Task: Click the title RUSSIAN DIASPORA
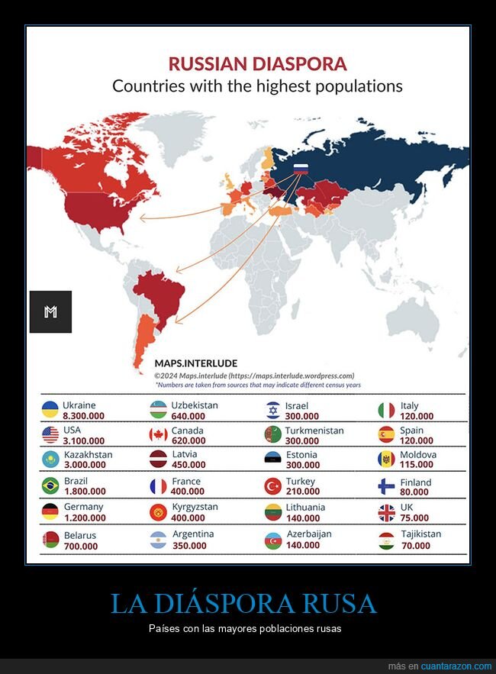click(x=257, y=64)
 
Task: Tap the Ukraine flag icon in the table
click(x=50, y=410)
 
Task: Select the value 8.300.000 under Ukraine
click(x=79, y=416)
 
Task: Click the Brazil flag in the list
click(x=50, y=486)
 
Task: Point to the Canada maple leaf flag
click(x=158, y=435)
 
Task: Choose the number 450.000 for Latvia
click(x=189, y=465)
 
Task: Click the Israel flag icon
click(x=272, y=411)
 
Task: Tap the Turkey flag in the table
click(x=272, y=486)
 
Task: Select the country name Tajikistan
click(x=420, y=534)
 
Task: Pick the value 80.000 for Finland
click(x=416, y=492)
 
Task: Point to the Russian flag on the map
click(x=301, y=169)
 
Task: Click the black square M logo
click(x=50, y=311)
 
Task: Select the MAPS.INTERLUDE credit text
click(x=195, y=363)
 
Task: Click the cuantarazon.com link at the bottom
click(x=452, y=666)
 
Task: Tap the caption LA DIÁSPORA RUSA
click(x=243, y=603)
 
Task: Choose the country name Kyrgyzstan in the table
click(x=195, y=507)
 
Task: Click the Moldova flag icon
click(x=386, y=460)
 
